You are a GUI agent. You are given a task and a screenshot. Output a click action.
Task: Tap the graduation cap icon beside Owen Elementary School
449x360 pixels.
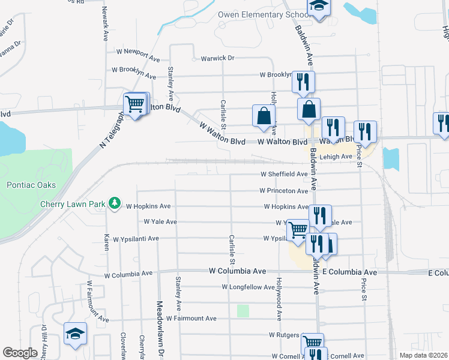318,7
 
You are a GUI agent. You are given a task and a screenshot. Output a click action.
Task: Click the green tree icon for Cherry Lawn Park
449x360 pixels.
114,204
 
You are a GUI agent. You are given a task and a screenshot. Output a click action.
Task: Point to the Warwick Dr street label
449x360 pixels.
217,58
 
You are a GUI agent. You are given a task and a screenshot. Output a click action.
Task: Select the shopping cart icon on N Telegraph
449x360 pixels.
136,104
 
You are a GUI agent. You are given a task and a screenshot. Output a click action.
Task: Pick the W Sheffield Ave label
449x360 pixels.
284,174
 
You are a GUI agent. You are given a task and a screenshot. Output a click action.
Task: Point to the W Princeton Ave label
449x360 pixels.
284,191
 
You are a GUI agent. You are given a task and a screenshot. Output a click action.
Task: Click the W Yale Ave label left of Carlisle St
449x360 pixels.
160,221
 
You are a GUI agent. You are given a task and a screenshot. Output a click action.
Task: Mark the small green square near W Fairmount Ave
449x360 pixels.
243,311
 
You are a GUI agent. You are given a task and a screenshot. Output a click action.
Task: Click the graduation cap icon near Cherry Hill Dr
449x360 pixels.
76,334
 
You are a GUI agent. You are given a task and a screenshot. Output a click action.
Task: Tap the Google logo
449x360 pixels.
20,353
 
